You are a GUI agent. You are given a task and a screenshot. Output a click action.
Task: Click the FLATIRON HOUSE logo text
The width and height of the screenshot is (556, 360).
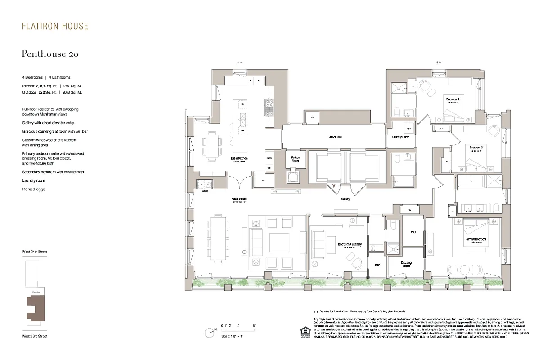coord(55,27)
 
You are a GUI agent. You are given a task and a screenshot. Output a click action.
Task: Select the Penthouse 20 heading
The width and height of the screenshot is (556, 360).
coord(50,54)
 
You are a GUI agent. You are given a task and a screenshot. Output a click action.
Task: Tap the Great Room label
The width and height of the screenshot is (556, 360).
coord(239,199)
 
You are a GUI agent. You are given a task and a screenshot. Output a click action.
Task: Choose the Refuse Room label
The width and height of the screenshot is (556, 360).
coord(295,159)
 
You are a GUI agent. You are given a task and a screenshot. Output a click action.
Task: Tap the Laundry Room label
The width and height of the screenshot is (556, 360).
coord(400,137)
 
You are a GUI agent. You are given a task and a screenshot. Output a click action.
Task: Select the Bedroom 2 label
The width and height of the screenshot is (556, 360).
coord(452,99)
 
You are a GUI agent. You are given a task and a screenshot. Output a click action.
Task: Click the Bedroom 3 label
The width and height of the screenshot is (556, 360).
coord(475,148)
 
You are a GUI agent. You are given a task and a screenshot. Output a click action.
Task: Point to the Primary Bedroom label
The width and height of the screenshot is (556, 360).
coord(475,239)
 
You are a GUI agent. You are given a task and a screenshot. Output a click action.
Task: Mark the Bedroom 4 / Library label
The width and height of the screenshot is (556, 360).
coord(350,244)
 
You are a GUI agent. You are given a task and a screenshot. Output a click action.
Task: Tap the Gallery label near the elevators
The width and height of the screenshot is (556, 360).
coord(345,198)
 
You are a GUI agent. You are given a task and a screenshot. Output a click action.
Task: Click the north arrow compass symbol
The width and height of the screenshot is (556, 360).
coord(209,333)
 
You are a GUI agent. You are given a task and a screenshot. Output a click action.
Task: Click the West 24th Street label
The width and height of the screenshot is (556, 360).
coord(34,252)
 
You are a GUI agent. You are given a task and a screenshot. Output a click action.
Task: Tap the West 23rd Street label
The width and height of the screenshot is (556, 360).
coord(34,336)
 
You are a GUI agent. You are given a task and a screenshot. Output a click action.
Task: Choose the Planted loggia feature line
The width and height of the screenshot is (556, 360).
coord(34,189)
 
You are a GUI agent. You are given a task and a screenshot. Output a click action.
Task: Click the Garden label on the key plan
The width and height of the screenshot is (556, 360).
coord(36,292)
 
